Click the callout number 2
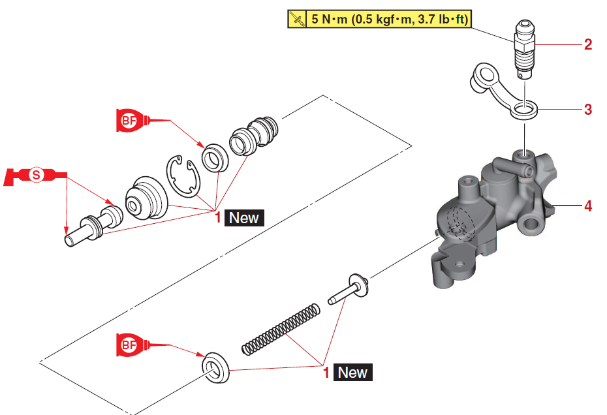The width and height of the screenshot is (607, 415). point(588,45)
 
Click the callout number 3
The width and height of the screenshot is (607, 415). point(588,110)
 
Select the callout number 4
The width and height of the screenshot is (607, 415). point(588,206)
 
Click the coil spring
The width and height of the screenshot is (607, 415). point(281,330)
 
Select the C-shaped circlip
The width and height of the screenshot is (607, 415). point(183,176)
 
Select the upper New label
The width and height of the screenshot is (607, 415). point(244,218)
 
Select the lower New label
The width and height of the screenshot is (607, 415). point(352,373)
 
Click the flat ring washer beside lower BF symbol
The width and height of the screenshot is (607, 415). point(215,369)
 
